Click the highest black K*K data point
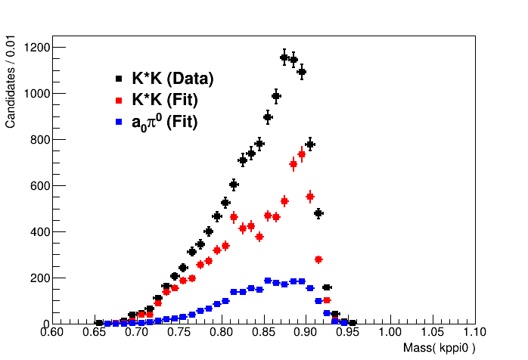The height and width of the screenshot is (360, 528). [x=284, y=57]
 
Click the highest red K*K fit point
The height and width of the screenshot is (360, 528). [x=302, y=154]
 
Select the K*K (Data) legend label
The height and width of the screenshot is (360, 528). [x=172, y=79]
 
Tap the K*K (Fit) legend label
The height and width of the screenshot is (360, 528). [x=166, y=99]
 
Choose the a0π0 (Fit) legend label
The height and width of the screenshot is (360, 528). [x=164, y=120]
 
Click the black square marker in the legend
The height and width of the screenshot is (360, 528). [x=119, y=79]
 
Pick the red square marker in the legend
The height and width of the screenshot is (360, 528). [x=119, y=99]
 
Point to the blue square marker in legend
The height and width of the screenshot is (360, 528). [x=119, y=120]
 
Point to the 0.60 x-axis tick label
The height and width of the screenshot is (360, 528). [x=52, y=333]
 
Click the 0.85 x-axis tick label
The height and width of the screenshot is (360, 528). [x=263, y=333]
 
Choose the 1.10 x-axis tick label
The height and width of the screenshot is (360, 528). [x=474, y=333]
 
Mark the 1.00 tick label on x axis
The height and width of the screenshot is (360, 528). [x=390, y=333]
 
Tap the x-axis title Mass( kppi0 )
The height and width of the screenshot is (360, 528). [x=439, y=349]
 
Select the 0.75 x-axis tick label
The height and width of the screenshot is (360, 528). [x=179, y=333]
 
